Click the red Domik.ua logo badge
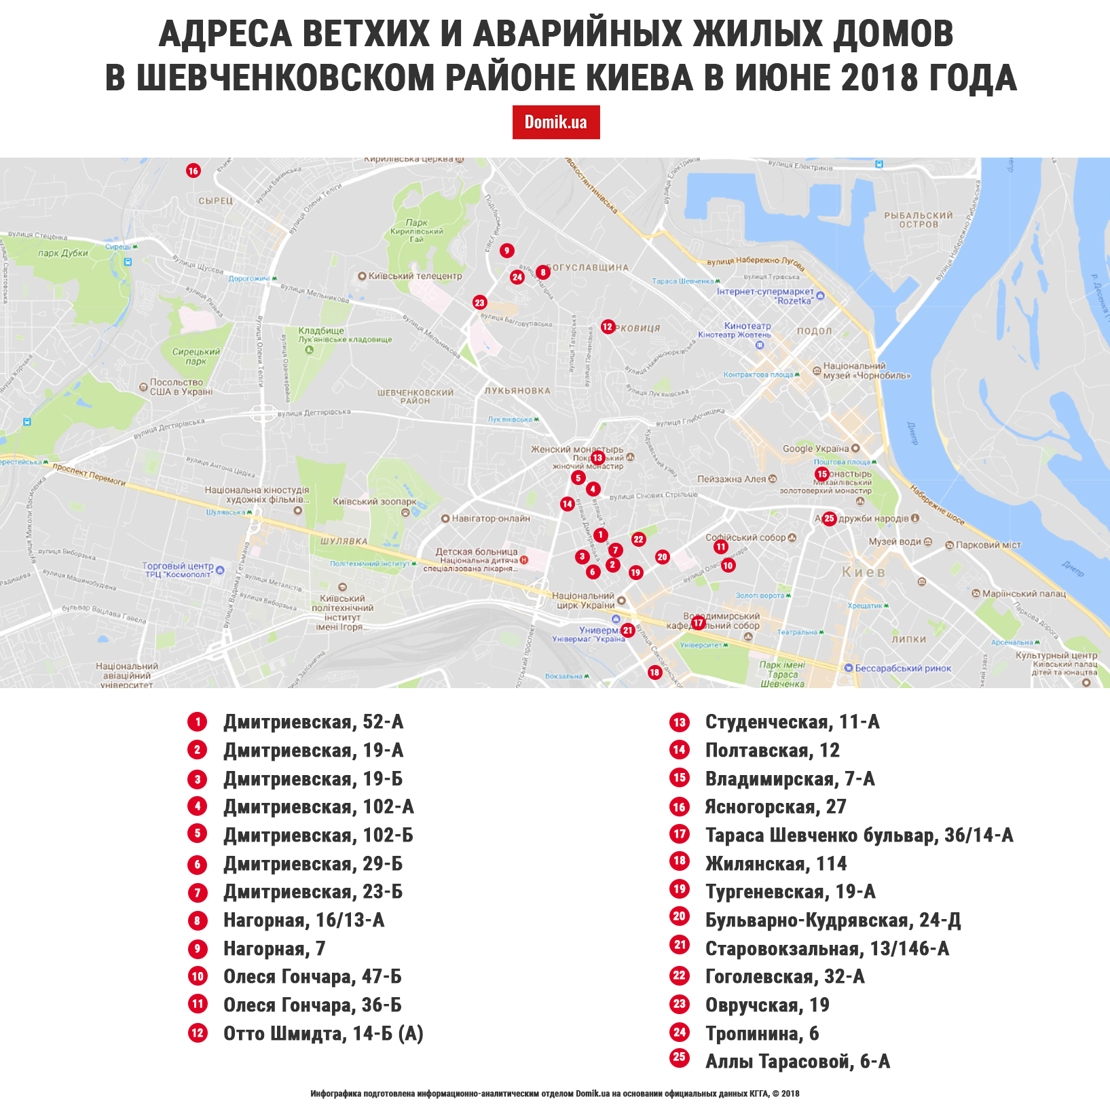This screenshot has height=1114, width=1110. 555,122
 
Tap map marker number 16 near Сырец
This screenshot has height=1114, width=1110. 193,170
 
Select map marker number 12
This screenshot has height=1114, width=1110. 608,327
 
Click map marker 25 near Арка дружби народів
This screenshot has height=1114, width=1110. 829,519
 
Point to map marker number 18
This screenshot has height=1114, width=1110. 654,672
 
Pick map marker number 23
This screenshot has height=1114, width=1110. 480,303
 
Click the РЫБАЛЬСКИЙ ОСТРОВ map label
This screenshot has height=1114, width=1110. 918,219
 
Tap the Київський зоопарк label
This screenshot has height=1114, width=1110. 374,502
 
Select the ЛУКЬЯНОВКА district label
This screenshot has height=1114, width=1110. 517,391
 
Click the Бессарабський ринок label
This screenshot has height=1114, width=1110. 902,668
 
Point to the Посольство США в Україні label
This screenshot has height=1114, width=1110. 181,387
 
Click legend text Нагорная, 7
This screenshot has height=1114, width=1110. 274,948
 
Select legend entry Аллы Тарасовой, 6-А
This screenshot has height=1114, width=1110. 797,1061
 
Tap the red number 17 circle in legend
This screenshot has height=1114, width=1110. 680,834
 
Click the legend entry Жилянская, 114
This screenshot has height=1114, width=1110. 775,863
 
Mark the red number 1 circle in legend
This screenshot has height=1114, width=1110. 198,722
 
